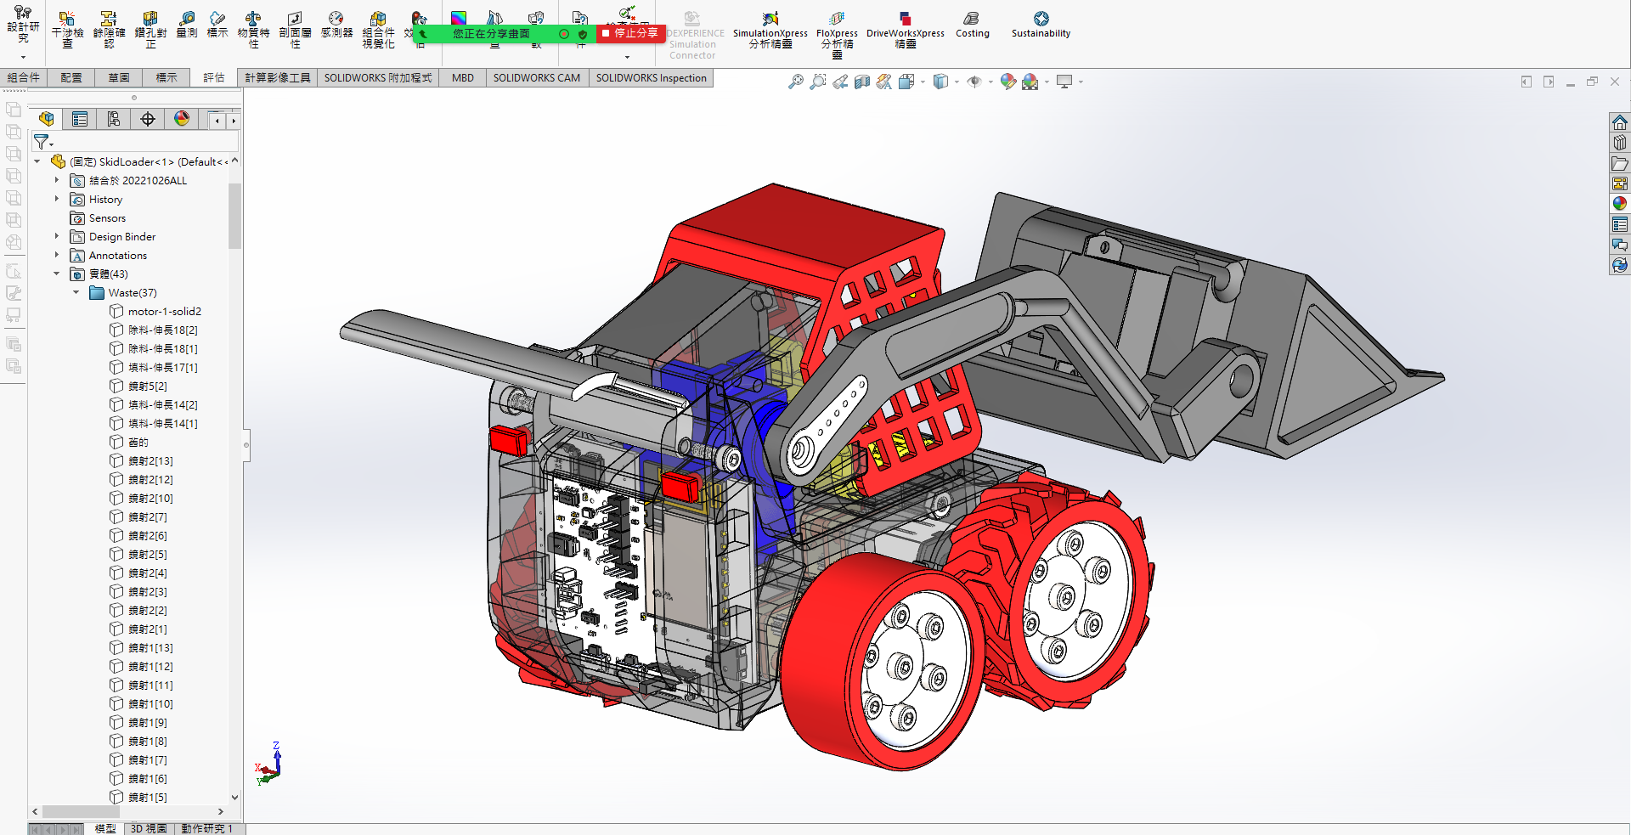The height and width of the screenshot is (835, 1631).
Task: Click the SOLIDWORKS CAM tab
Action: pyautogui.click(x=536, y=77)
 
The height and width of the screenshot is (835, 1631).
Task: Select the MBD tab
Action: pyautogui.click(x=463, y=77)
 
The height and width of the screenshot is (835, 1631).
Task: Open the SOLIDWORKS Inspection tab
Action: pyautogui.click(x=651, y=77)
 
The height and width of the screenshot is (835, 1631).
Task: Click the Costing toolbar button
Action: pyautogui.click(x=972, y=25)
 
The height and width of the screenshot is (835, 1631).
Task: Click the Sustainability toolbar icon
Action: pyautogui.click(x=1041, y=25)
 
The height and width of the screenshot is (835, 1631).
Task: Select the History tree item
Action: pyautogui.click(x=105, y=200)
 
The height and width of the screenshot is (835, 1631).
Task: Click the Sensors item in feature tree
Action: pyautogui.click(x=107, y=218)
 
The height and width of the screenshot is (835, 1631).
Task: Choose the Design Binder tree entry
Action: pyautogui.click(x=122, y=237)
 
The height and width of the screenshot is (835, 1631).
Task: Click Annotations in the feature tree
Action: pyautogui.click(x=118, y=256)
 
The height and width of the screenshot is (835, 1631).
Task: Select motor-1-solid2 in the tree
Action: pyautogui.click(x=164, y=312)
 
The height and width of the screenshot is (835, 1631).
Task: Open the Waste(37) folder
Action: pyautogui.click(x=132, y=293)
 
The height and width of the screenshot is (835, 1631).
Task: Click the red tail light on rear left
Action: pyautogui.click(x=509, y=440)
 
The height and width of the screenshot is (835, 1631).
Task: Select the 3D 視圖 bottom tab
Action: pyautogui.click(x=149, y=828)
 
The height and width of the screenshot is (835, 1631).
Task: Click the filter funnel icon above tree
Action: pyautogui.click(x=41, y=142)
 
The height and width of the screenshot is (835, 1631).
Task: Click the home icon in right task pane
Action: pyautogui.click(x=1620, y=122)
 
